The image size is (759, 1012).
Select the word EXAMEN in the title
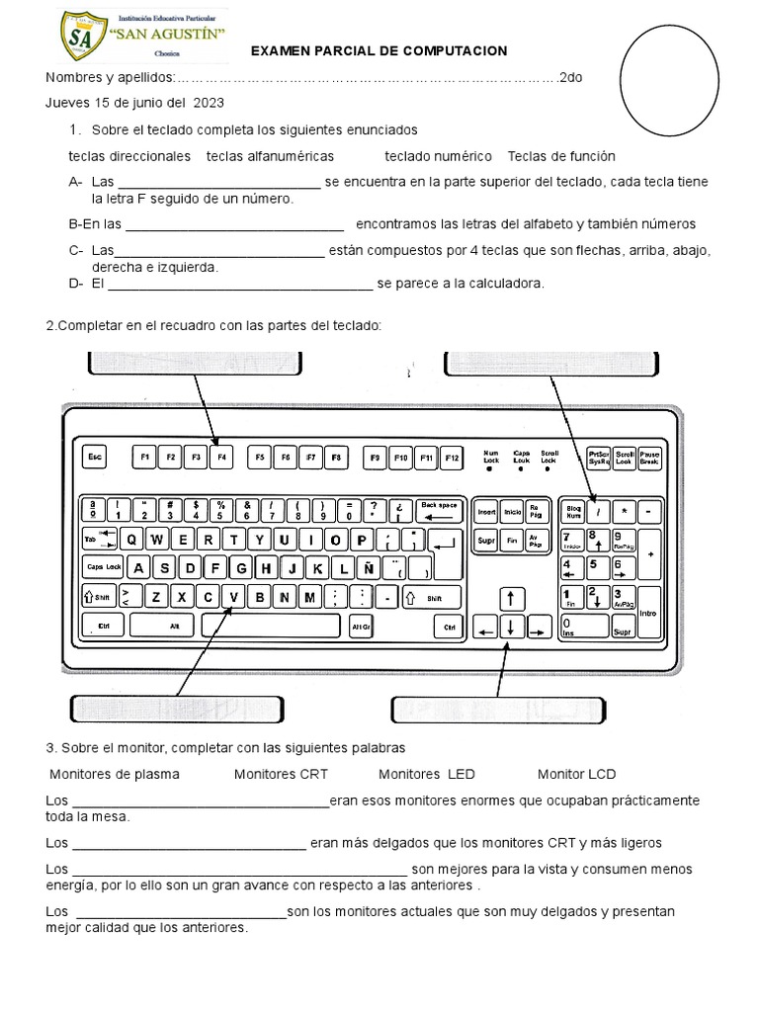point(282,50)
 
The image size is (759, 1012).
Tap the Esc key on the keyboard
point(95,458)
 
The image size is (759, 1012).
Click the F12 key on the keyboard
point(452,458)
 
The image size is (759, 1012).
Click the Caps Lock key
point(103,568)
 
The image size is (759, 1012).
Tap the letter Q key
point(131,540)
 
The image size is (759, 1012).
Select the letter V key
point(234,597)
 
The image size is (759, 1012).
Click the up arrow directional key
point(510,598)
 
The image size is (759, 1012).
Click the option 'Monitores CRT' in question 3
point(281,774)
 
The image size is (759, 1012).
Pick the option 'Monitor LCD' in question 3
point(576,774)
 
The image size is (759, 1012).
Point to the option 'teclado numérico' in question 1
point(438,156)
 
